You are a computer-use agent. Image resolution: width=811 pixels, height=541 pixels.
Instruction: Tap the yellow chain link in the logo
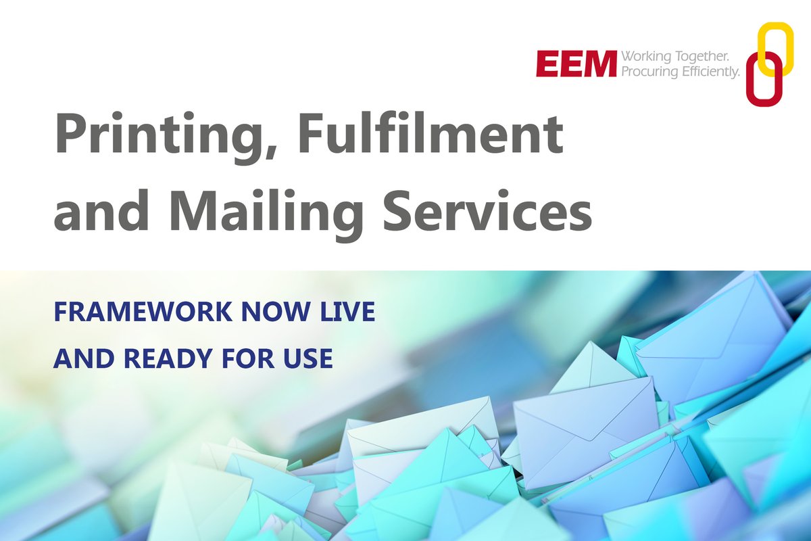click(x=775, y=47)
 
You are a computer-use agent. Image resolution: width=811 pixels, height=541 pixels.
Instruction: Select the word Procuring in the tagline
click(x=649, y=71)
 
